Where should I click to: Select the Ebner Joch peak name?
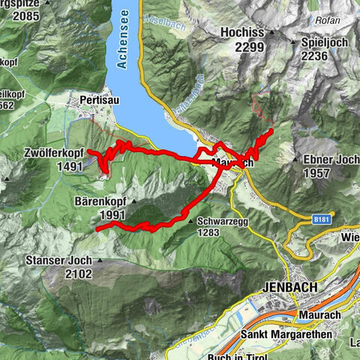pos(331,159)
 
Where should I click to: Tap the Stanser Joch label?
pos(61,261)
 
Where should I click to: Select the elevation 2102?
pos(75,274)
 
